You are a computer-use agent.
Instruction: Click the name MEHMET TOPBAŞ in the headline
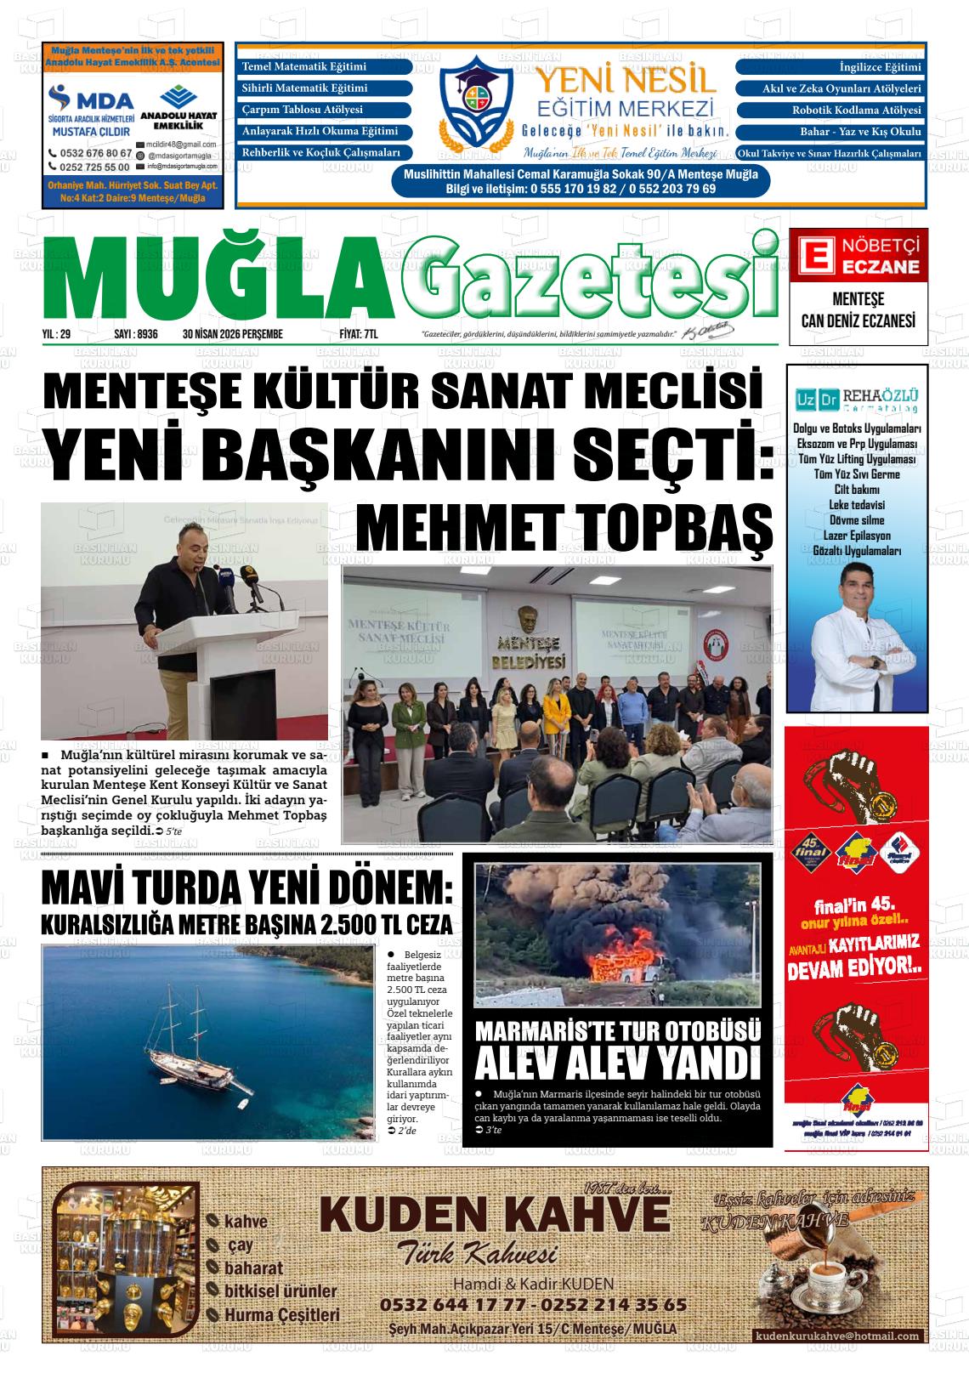[564, 530]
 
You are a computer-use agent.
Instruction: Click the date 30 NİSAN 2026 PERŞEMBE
[232, 335]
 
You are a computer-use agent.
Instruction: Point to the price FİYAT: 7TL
[359, 335]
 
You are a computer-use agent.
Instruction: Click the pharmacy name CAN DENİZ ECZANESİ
[858, 320]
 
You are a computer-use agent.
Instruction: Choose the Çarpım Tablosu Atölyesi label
[303, 111]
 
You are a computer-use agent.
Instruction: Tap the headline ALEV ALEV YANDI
[615, 1064]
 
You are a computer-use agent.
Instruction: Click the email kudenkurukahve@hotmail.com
[837, 1336]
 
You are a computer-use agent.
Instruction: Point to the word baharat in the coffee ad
[253, 1268]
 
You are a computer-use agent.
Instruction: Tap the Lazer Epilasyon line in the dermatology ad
[857, 536]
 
